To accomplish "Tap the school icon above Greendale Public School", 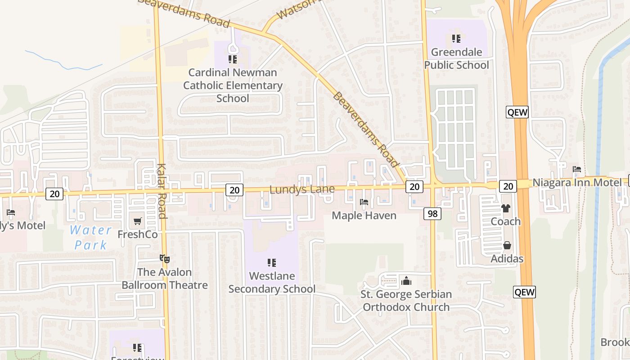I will pyautogui.click(x=456, y=39).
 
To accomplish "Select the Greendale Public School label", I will pyautogui.click(x=456, y=58).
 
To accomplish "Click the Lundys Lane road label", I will pyautogui.click(x=302, y=189).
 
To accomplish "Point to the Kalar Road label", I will pyautogui.click(x=162, y=191).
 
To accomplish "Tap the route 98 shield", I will pyautogui.click(x=432, y=214).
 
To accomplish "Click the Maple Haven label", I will pyautogui.click(x=364, y=216).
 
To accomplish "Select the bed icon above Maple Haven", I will pyautogui.click(x=364, y=202).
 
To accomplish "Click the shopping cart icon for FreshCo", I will pyautogui.click(x=138, y=221).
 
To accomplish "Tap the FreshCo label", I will pyautogui.click(x=138, y=234).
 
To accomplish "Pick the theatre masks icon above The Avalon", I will pyautogui.click(x=165, y=258).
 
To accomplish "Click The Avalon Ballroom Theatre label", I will pyautogui.click(x=165, y=279).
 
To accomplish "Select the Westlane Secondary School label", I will pyautogui.click(x=272, y=282).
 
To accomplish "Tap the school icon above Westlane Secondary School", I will pyautogui.click(x=271, y=262).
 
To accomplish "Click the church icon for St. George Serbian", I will pyautogui.click(x=406, y=281).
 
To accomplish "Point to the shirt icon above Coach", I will pyautogui.click(x=506, y=208).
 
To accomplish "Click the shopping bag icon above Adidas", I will pyautogui.click(x=507, y=245).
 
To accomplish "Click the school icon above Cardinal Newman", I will pyautogui.click(x=232, y=59).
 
